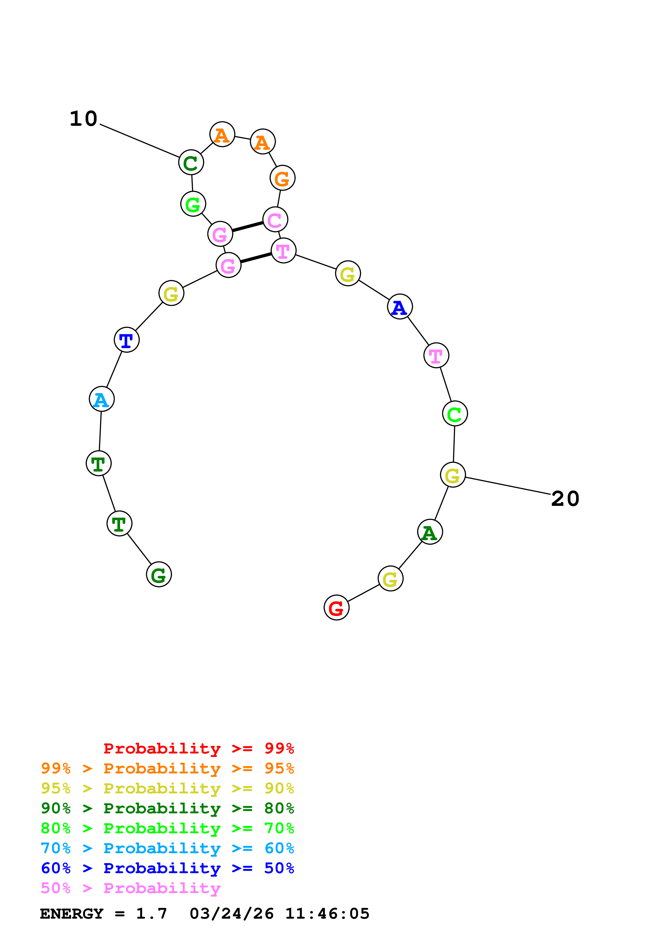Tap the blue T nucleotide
126,340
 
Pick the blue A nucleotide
400,307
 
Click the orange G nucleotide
282,178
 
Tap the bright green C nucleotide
455,414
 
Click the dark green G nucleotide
159,574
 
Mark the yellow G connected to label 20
453,475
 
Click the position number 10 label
83,119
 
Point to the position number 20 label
565,499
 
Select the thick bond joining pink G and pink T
256,258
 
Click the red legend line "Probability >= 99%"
198,748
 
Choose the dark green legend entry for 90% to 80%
167,808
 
